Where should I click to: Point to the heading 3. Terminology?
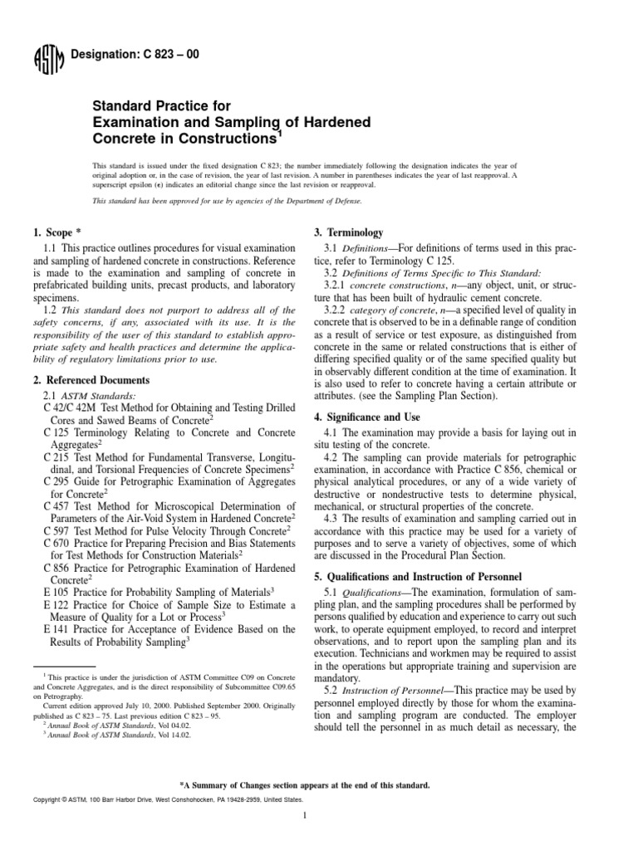(347, 232)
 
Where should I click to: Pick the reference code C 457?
(56, 504)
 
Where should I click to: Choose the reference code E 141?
(56, 628)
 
